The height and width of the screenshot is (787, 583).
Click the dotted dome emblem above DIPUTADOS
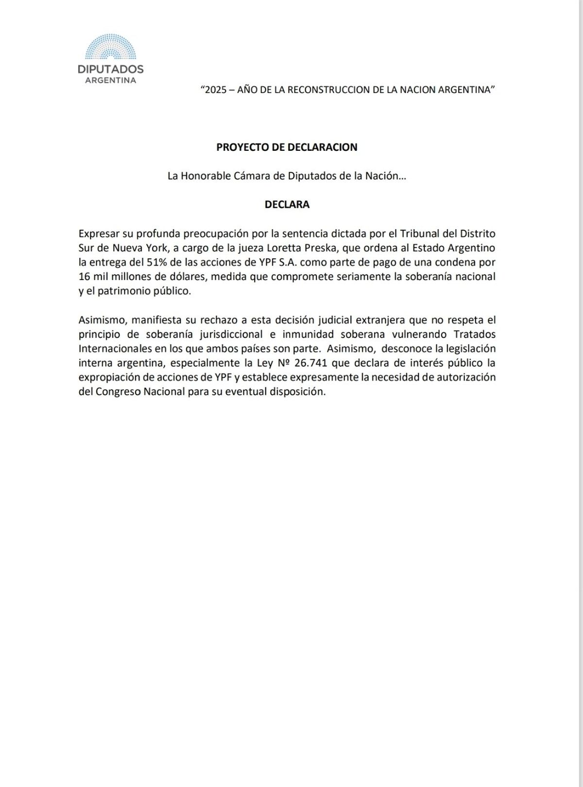coord(111,49)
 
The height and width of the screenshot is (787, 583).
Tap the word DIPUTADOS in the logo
coord(111,69)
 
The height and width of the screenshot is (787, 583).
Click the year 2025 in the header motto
coord(216,90)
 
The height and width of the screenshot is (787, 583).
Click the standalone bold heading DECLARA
coord(287,205)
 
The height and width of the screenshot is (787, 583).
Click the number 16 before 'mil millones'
coord(85,277)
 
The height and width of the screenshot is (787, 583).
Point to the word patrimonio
coord(128,291)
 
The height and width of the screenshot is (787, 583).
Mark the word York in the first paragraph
coord(154,248)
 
